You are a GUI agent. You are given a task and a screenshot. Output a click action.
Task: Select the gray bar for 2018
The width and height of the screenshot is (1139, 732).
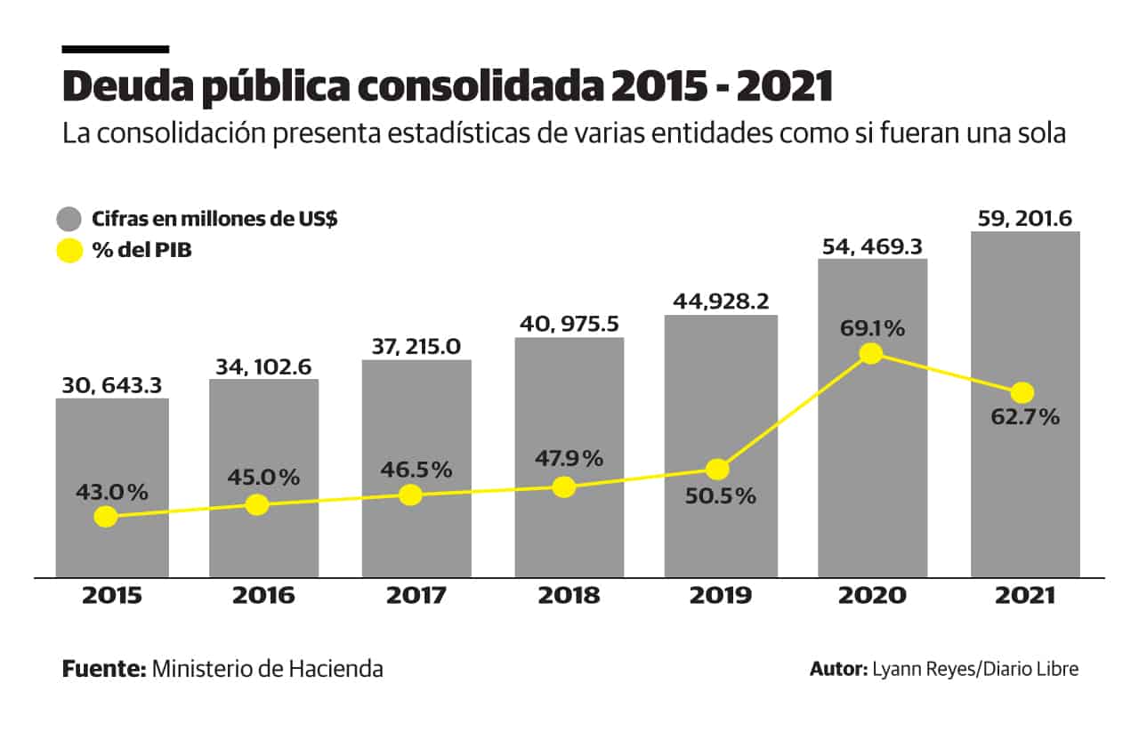[x=569, y=400]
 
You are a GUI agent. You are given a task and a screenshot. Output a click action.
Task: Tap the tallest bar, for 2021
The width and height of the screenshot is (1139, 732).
[x=1025, y=311]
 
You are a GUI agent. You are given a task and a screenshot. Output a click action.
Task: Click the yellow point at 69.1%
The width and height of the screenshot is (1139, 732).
[x=871, y=353]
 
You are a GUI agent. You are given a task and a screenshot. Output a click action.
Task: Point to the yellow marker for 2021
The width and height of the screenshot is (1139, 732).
[x=1022, y=392]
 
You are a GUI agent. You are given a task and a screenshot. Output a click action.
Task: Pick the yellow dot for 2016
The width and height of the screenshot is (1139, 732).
[x=257, y=505]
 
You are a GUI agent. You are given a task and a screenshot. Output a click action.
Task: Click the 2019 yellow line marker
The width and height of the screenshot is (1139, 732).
[x=718, y=469]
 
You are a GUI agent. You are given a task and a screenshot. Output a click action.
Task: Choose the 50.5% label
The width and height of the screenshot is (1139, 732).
[x=721, y=496]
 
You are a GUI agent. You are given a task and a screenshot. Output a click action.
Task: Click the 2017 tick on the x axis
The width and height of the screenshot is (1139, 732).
[x=416, y=596]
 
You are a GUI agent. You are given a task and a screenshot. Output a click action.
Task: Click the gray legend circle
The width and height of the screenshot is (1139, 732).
[x=69, y=219]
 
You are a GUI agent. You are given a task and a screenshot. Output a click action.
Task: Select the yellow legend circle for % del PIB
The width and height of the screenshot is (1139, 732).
[x=69, y=251]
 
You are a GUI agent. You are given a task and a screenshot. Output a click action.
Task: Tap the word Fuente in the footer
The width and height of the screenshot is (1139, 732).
[x=103, y=669]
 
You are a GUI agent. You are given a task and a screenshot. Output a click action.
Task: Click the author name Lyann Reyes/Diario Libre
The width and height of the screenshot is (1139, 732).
[x=974, y=670]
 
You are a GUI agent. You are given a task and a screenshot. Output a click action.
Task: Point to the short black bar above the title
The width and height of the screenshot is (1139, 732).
[x=115, y=49]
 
